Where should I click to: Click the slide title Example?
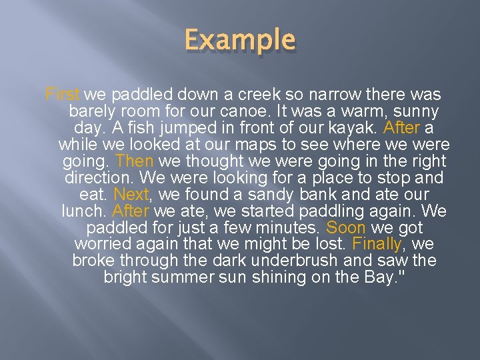pos(239,41)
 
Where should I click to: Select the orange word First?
pos(63,95)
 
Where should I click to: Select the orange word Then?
pos(134,161)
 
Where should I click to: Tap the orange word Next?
pos(131,195)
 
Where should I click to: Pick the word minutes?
pos(283,228)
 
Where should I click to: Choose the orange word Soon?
pos(345,228)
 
